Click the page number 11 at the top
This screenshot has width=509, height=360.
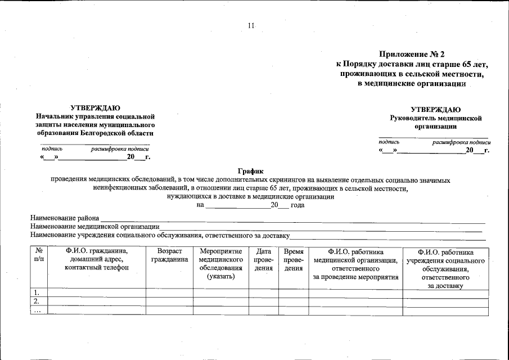251,26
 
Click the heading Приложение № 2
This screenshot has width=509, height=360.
412,55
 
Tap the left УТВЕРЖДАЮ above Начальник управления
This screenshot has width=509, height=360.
94,107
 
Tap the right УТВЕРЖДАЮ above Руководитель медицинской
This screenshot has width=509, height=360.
436,110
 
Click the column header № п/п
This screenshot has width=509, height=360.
39,256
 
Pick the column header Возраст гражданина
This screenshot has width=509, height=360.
169,256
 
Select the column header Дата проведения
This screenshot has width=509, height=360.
264,260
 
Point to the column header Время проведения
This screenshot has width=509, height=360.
294,260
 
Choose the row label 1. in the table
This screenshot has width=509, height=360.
37,292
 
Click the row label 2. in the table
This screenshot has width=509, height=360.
37,301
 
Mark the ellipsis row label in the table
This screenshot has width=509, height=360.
37,310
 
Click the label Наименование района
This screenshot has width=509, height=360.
65,218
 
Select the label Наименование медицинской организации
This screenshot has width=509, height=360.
95,226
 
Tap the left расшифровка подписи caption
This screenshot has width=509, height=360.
120,148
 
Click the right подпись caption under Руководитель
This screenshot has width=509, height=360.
389,142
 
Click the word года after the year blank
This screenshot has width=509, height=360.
298,205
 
